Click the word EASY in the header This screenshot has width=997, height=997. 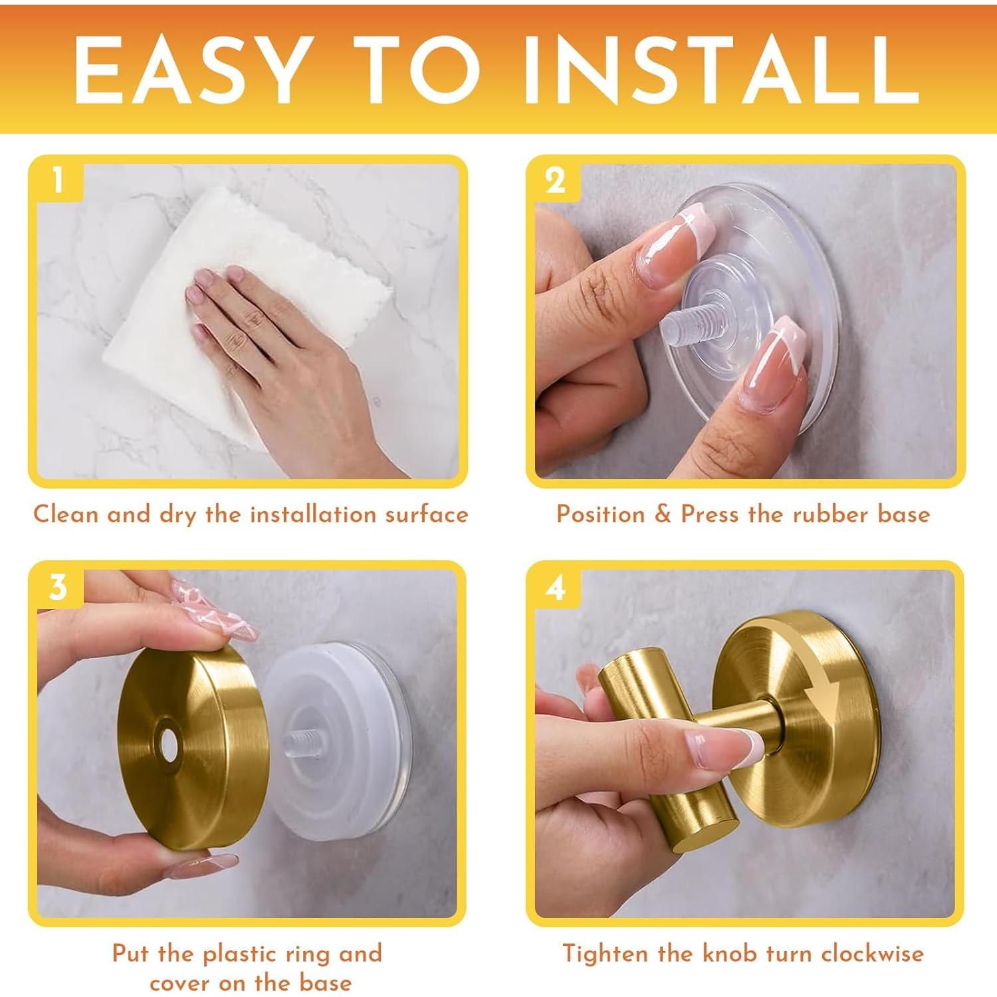[193, 69]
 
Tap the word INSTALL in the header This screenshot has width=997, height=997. [722, 69]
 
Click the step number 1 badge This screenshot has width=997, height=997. [58, 180]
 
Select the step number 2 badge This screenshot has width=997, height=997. [555, 180]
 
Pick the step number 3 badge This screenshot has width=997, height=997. [58, 587]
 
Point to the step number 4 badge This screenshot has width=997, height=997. [555, 587]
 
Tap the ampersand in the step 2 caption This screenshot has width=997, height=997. [663, 514]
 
